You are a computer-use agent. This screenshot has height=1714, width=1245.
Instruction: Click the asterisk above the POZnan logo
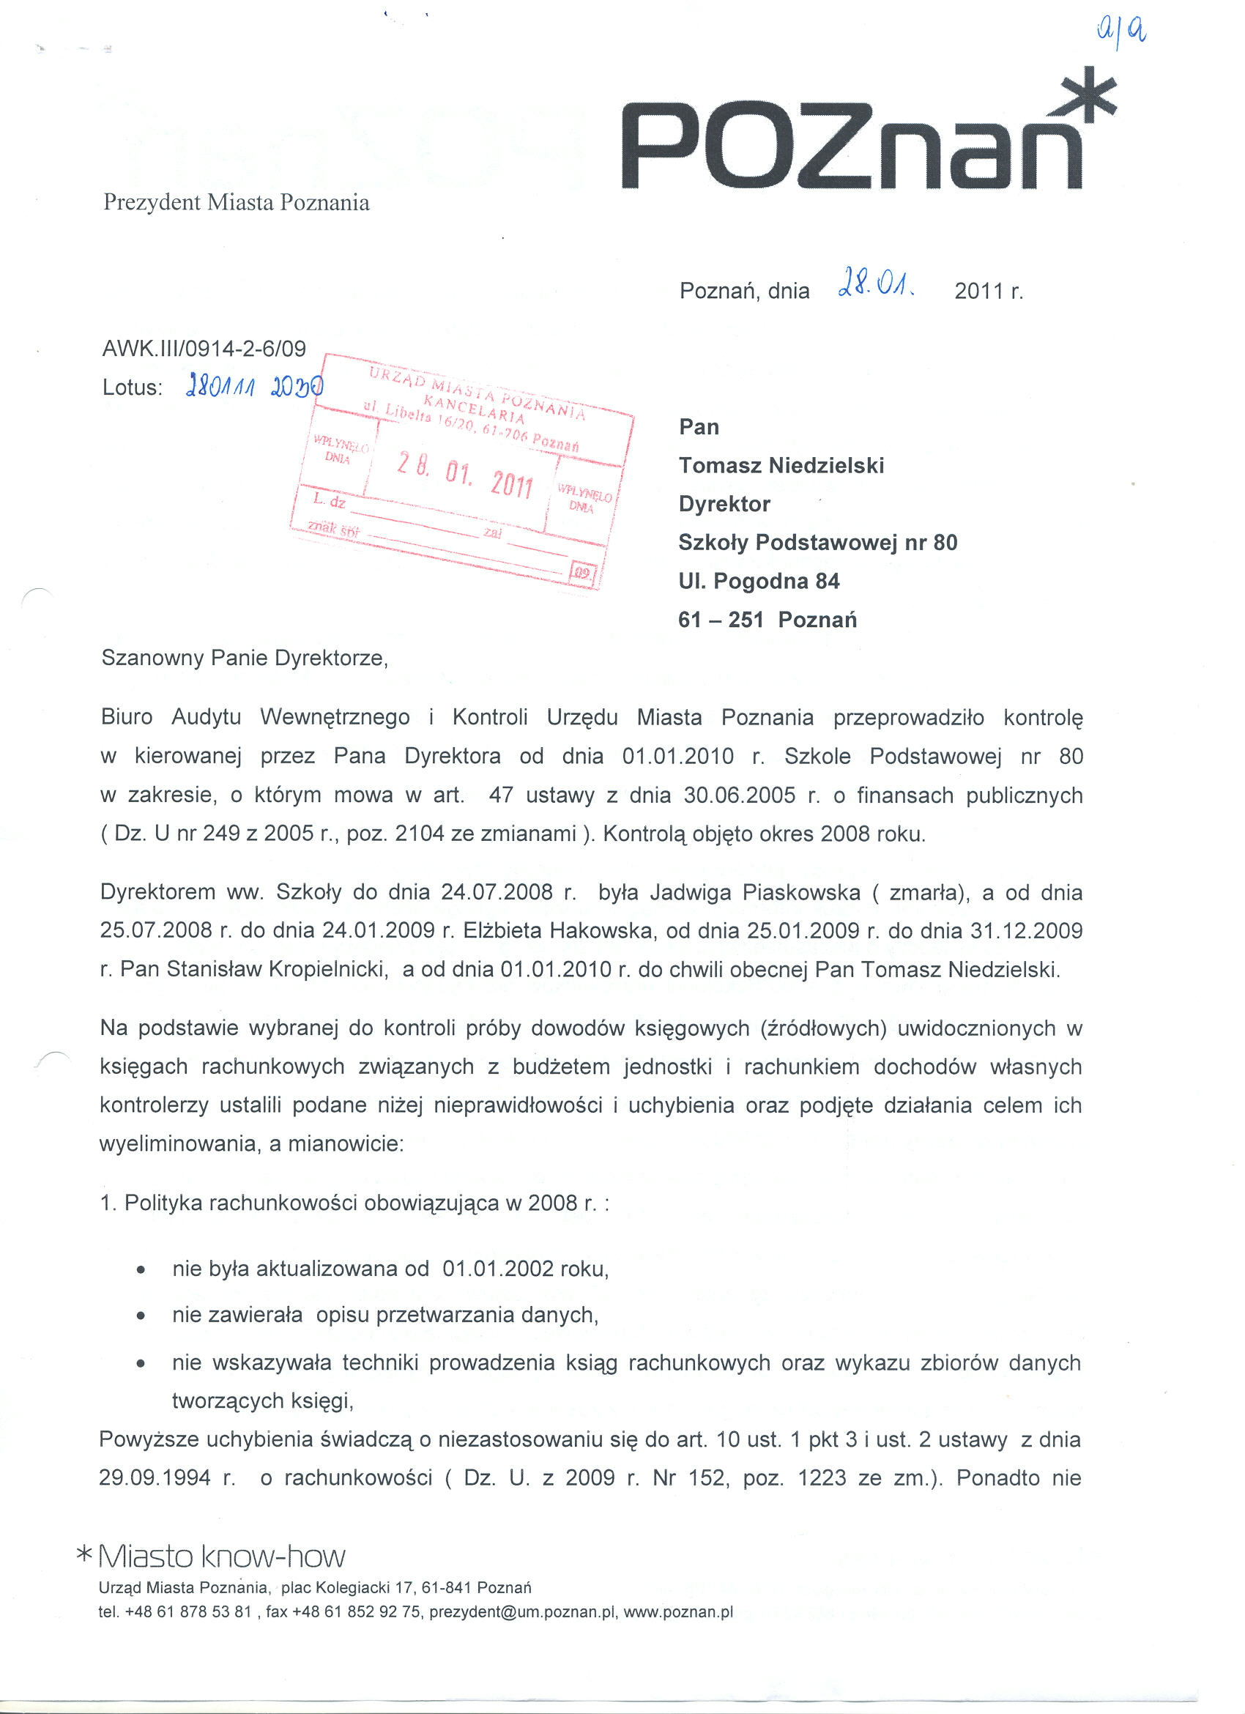click(1088, 95)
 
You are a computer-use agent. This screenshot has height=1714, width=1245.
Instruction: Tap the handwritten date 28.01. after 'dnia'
click(876, 288)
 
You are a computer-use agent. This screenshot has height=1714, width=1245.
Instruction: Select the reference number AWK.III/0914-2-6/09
click(204, 349)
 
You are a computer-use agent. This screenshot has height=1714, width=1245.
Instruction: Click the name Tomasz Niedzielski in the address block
click(781, 466)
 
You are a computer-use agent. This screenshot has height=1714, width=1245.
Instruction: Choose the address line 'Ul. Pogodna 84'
click(759, 581)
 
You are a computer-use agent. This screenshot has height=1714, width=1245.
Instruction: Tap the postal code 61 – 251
click(721, 620)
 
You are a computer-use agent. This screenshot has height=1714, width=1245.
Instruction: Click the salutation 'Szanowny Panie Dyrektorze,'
click(245, 658)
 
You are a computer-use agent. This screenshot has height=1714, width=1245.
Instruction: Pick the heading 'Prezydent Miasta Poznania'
click(237, 203)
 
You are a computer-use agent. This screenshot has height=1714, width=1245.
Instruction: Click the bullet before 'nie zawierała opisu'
click(141, 1316)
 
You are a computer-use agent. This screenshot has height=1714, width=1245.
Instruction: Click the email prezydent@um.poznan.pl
click(523, 1612)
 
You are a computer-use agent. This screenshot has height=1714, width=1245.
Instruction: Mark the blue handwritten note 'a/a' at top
click(1120, 31)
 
